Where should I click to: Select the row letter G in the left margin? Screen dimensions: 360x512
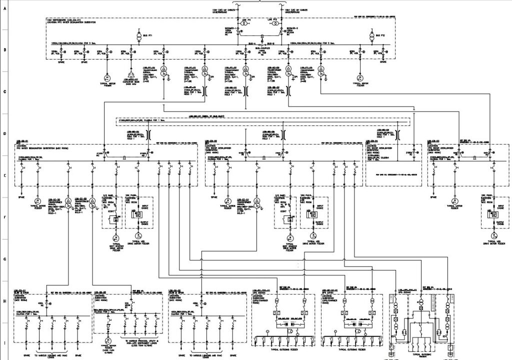click(4, 259)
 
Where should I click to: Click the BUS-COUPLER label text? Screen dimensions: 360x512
click(258, 48)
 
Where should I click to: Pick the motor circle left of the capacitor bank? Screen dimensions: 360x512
click(106, 77)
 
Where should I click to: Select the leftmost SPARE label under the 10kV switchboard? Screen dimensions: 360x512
click(61, 62)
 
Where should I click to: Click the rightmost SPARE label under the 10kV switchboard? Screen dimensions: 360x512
click(383, 62)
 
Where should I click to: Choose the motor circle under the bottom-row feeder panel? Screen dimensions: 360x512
click(107, 339)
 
